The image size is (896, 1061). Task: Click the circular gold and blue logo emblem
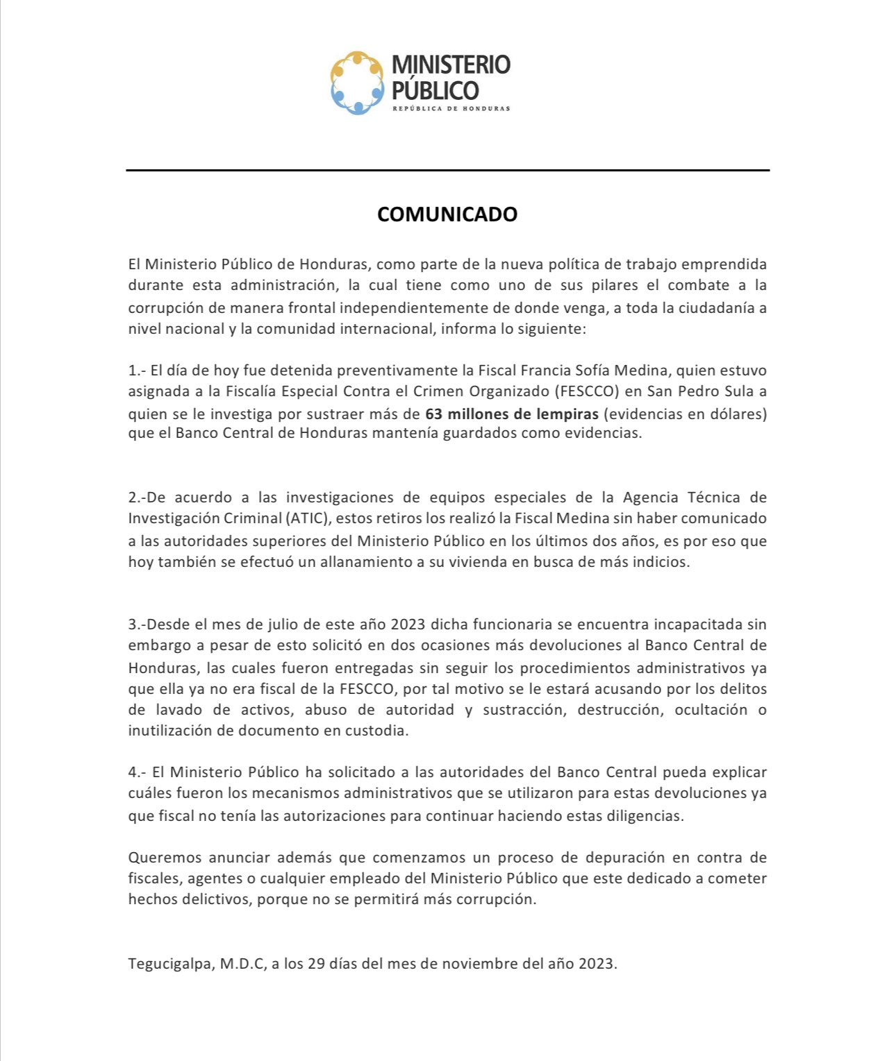click(x=357, y=83)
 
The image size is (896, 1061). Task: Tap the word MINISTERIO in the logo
click(x=451, y=65)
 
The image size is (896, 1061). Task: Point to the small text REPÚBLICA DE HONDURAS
click(x=451, y=108)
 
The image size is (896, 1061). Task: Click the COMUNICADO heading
click(x=447, y=214)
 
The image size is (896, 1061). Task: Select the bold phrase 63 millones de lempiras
click(x=512, y=414)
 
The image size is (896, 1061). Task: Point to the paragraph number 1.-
click(x=137, y=370)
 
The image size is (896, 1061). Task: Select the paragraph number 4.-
click(x=137, y=772)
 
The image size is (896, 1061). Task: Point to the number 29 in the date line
click(x=316, y=964)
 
